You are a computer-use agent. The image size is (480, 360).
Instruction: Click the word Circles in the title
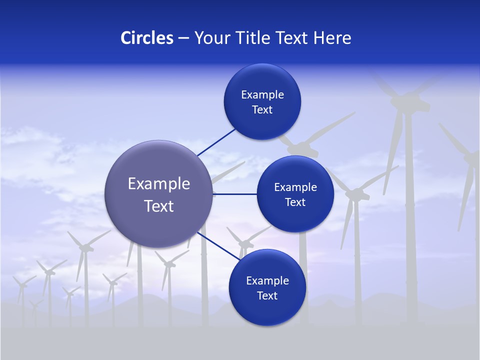tap(147, 38)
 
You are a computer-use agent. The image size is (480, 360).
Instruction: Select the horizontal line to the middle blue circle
tap(235, 194)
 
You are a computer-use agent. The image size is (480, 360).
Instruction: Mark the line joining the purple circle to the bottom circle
tap(218, 246)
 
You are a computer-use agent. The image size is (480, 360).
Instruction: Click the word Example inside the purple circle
tap(159, 184)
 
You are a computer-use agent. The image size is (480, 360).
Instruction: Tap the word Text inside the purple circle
tap(159, 206)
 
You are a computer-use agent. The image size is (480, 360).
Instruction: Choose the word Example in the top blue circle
tap(262, 95)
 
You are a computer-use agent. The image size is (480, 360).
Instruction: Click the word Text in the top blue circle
tap(262, 110)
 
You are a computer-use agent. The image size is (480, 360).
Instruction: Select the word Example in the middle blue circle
tap(295, 187)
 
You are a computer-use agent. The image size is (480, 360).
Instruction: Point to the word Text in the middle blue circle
tap(295, 202)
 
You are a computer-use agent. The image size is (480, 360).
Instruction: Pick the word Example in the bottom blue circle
tap(267, 281)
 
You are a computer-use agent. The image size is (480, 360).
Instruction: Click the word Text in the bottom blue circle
tap(267, 296)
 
